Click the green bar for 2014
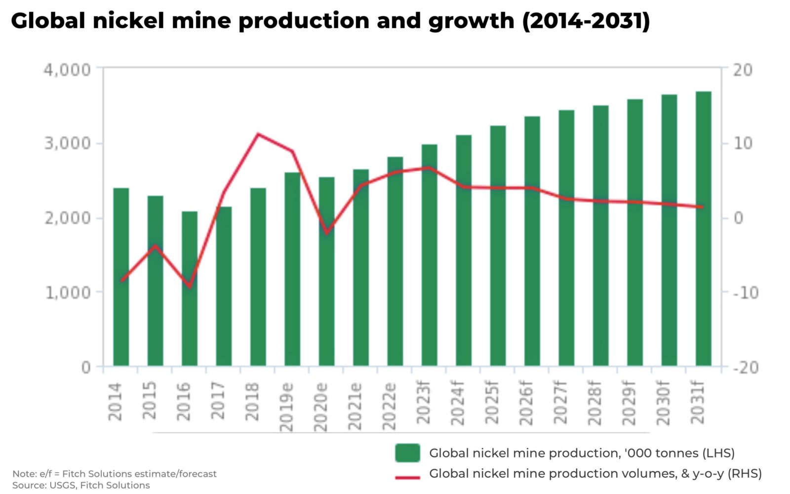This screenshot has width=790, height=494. (x=121, y=277)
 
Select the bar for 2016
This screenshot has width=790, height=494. (x=190, y=289)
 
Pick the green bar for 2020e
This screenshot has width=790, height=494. (x=326, y=272)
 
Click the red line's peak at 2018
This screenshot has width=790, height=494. (x=258, y=134)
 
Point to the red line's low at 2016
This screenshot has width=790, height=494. (x=190, y=287)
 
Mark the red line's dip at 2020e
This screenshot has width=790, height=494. (x=326, y=233)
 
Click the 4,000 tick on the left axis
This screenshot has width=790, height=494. (x=68, y=70)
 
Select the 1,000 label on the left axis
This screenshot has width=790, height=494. (x=68, y=292)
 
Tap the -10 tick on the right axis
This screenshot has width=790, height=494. (x=745, y=292)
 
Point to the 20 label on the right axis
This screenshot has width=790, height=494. (x=742, y=70)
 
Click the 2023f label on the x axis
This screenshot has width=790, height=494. (x=423, y=403)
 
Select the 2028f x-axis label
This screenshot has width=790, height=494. (x=594, y=403)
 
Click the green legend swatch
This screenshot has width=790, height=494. (x=407, y=453)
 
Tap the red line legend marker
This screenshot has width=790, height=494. (x=407, y=477)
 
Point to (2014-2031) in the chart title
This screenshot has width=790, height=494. (x=586, y=21)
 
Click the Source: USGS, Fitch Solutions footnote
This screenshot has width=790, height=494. (x=81, y=485)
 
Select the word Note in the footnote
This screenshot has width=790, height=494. (x=24, y=474)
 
